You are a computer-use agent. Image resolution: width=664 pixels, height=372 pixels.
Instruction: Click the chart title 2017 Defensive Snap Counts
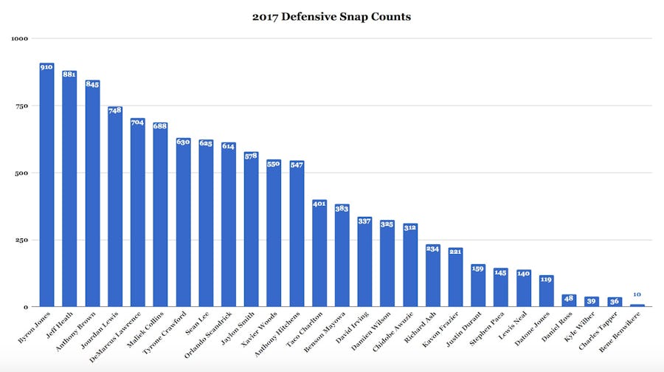331,16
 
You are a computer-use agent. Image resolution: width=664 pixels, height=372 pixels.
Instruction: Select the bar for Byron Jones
46,185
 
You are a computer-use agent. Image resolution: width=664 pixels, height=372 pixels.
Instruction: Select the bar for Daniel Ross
569,300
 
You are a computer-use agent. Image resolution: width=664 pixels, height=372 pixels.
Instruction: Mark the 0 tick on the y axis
24,307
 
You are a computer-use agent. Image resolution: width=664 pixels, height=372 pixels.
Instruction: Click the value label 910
46,67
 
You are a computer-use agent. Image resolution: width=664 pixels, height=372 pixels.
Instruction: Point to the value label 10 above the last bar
637,294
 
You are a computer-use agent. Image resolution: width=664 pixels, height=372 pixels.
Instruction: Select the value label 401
319,204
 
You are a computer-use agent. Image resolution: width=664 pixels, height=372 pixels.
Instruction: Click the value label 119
546,280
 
